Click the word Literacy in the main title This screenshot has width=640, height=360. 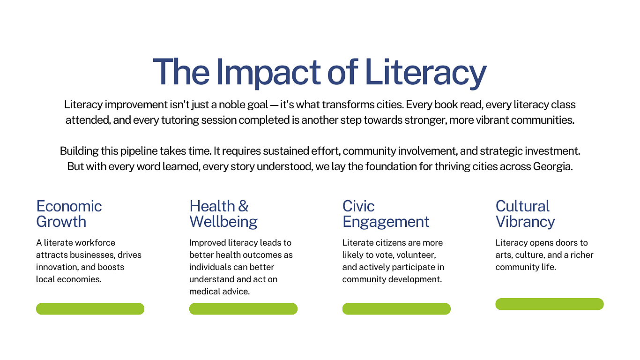click(x=425, y=73)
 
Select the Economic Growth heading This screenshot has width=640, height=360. click(x=69, y=214)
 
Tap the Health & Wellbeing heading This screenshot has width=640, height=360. click(x=223, y=214)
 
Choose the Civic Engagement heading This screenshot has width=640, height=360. click(x=386, y=214)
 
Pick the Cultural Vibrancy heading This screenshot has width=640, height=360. click(x=525, y=214)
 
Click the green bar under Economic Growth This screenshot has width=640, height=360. click(x=90, y=309)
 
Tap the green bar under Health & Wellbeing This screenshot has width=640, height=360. click(x=243, y=309)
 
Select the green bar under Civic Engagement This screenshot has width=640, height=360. click(x=396, y=309)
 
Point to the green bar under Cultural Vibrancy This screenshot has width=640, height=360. click(x=550, y=304)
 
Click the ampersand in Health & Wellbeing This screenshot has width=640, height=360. click(x=243, y=206)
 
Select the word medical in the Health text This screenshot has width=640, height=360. click(x=205, y=292)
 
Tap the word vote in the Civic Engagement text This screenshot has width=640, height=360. click(x=385, y=255)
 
